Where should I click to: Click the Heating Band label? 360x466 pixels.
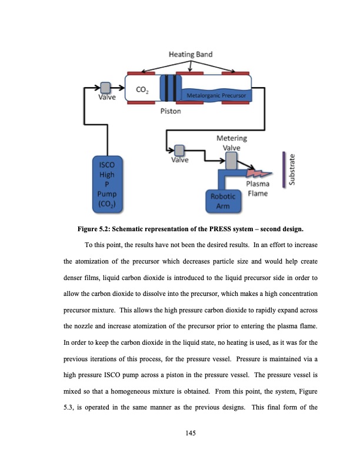191,54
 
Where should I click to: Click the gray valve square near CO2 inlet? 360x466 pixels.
106,88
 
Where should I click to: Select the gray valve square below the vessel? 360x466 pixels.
179,149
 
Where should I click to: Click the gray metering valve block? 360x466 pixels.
232,159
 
